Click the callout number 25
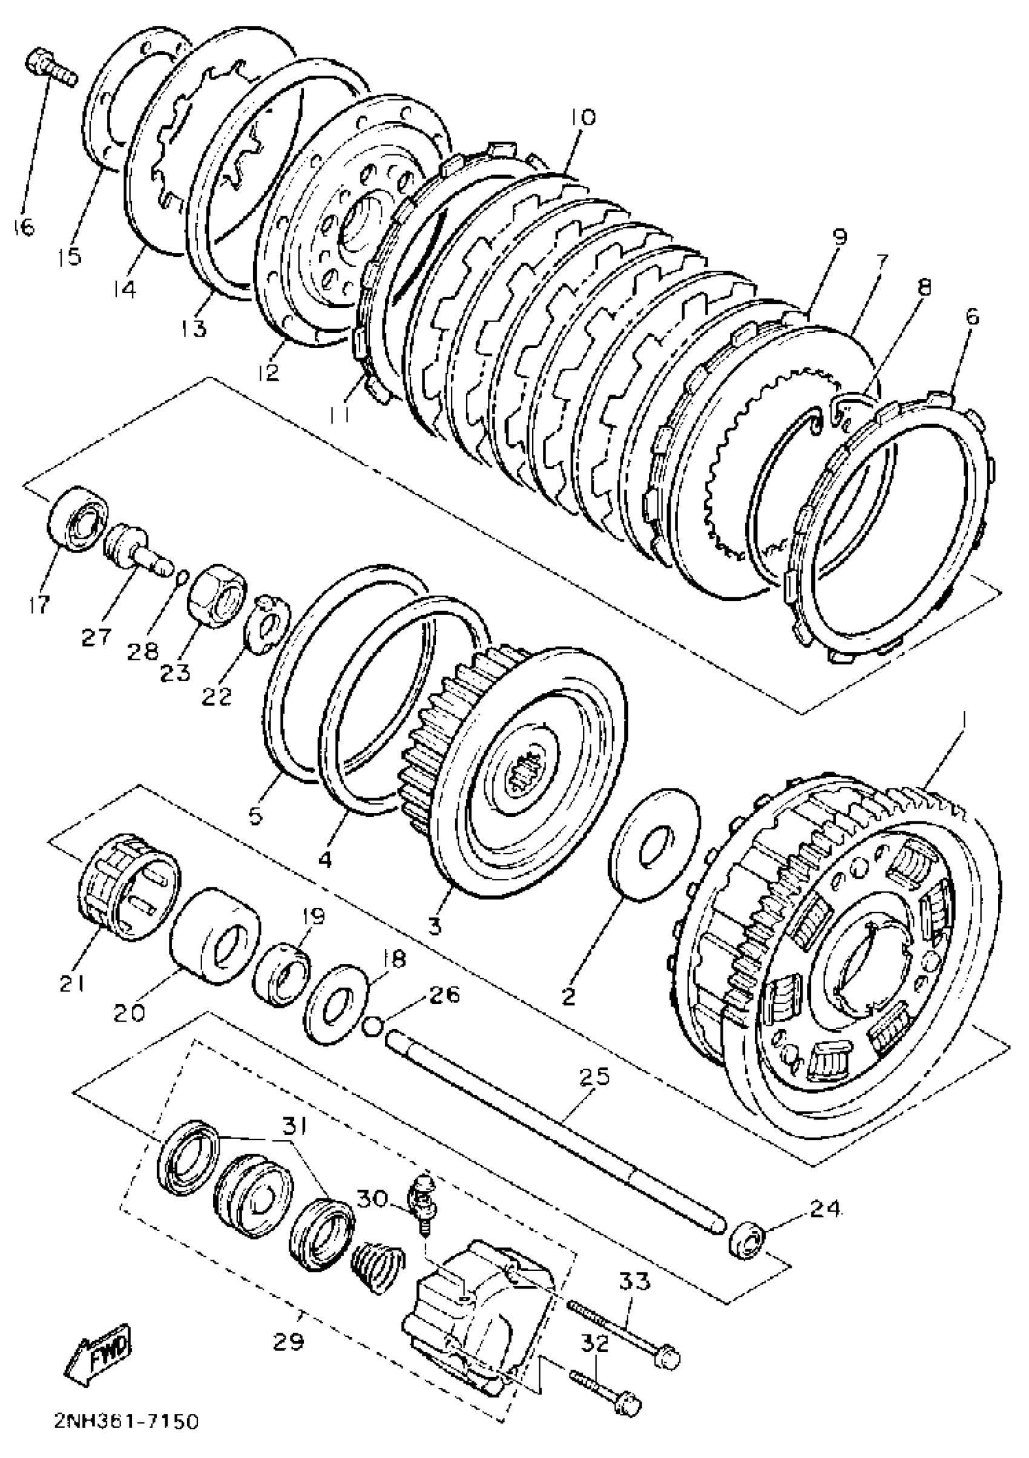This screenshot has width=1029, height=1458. (x=594, y=1075)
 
